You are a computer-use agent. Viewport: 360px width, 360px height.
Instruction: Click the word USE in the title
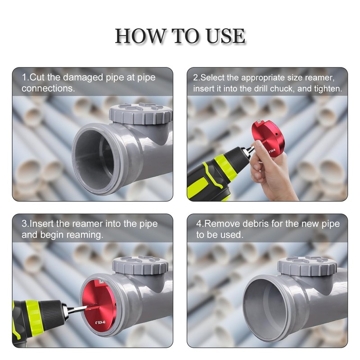pos(226,36)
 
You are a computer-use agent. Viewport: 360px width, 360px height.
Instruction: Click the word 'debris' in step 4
pos(256,224)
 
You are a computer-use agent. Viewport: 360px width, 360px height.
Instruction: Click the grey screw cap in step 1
pos(141,113)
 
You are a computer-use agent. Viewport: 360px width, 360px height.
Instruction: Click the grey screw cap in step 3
pos(140,265)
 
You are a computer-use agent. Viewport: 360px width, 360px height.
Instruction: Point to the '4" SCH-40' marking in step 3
pos(100,322)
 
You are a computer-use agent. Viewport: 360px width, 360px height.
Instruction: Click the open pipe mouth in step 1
pos(96,158)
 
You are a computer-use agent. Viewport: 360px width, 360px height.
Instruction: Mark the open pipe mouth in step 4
pos(267,309)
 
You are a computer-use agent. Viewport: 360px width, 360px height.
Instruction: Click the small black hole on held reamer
pos(276,134)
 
